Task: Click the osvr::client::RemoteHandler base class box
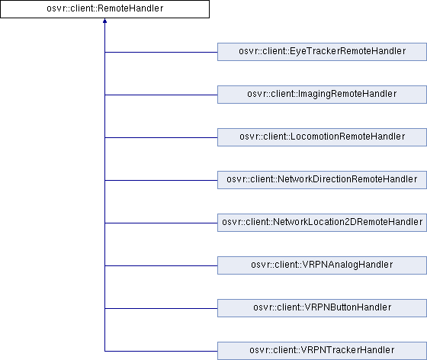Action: pyautogui.click(x=105, y=9)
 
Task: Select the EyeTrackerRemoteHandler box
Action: pyautogui.click(x=322, y=52)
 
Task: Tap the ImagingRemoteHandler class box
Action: pyautogui.click(x=322, y=95)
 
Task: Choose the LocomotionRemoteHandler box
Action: pyautogui.click(x=322, y=137)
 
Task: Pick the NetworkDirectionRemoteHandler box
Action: pyautogui.click(x=322, y=180)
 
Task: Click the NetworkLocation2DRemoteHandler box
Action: pyautogui.click(x=322, y=223)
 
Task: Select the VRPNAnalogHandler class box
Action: pyautogui.click(x=322, y=265)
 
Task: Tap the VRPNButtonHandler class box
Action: pyautogui.click(x=322, y=308)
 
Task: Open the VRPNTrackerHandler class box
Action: pyautogui.click(x=322, y=351)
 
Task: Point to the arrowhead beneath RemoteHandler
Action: pyautogui.click(x=105, y=21)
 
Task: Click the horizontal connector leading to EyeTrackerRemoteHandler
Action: pyautogui.click(x=161, y=52)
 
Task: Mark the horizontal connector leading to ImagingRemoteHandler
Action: pyautogui.click(x=161, y=95)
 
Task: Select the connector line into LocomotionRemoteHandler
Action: pyautogui.click(x=161, y=137)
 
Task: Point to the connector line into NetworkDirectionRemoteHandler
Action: pyautogui.click(x=161, y=180)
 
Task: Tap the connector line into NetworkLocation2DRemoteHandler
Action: pyautogui.click(x=161, y=223)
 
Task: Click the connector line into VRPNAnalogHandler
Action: pyautogui.click(x=161, y=265)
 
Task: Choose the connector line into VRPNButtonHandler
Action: pyautogui.click(x=161, y=309)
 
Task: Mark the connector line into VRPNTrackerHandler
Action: pyautogui.click(x=161, y=351)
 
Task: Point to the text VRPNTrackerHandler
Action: pyautogui.click(x=348, y=349)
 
